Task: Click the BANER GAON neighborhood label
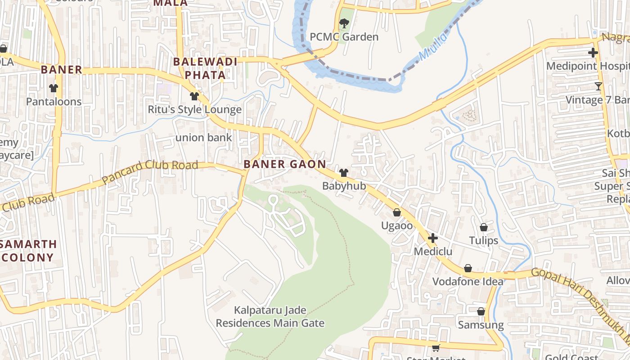point(284,164)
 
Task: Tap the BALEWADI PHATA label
point(205,68)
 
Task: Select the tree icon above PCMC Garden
point(344,23)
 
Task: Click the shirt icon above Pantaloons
point(54,88)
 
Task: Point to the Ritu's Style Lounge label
point(194,109)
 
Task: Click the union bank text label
point(203,138)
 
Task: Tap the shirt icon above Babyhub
point(344,172)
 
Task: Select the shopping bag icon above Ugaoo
point(397,212)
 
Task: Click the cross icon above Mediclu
point(432,238)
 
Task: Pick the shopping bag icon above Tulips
point(484,227)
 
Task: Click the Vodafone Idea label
point(468,282)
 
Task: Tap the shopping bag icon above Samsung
point(481,311)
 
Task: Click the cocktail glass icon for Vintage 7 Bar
point(598,86)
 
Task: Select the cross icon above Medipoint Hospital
point(593,53)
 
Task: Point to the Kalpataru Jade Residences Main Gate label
point(270,317)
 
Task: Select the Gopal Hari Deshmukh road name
point(580,297)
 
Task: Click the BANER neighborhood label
point(62,70)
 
